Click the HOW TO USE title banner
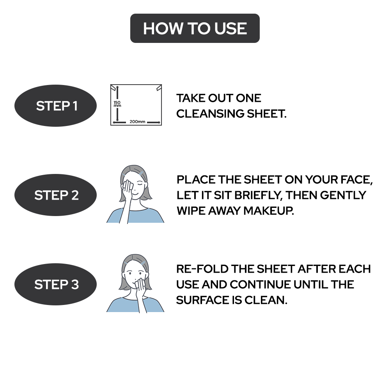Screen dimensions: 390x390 195,28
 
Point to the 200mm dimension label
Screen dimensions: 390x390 137,122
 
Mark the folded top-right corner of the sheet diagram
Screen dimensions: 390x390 158,89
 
